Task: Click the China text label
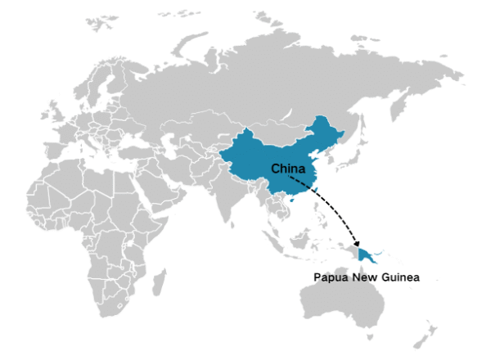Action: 287,169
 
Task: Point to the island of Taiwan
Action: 318,190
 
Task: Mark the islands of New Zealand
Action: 426,336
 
